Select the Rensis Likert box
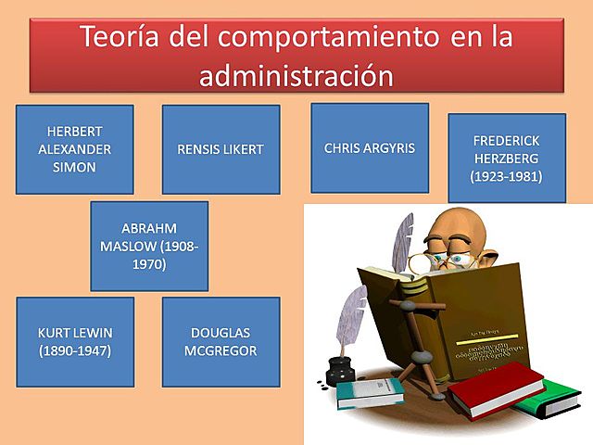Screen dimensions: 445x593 pos(221,148)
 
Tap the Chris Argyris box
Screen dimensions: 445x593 pos(370,147)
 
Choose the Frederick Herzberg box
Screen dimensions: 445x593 pos(506,158)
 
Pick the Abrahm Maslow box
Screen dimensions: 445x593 pos(149,246)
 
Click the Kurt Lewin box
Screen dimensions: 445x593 pos(74,341)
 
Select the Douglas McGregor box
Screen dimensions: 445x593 pos(221,341)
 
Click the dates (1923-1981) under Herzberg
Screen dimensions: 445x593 pos(506,175)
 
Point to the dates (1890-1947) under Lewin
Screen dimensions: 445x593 pos(74,351)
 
